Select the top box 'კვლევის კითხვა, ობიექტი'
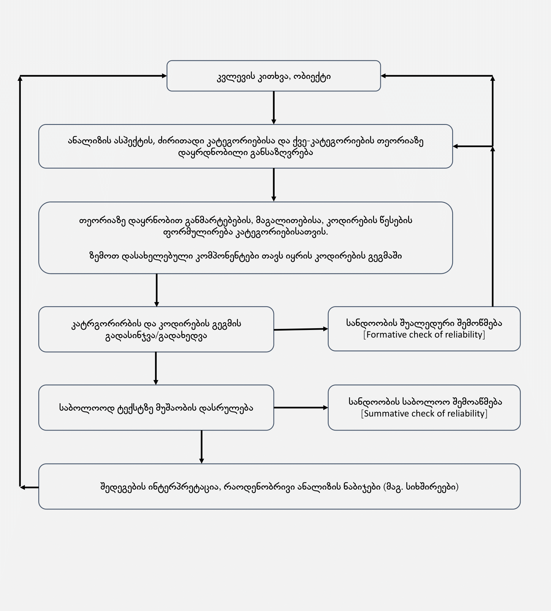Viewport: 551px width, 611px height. [274, 76]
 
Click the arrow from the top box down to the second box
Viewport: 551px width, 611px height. [274, 107]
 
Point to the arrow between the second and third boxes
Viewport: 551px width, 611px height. [274, 185]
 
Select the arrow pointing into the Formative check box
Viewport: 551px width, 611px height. [301, 329]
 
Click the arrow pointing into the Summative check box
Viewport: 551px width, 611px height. [301, 408]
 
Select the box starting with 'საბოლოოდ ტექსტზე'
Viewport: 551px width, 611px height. [156, 408]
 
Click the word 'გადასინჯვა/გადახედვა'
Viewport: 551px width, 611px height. [156, 336]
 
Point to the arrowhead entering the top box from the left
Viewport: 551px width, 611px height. [164, 76]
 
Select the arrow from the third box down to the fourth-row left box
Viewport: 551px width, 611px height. [156, 290]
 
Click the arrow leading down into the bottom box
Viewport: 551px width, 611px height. [202, 447]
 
